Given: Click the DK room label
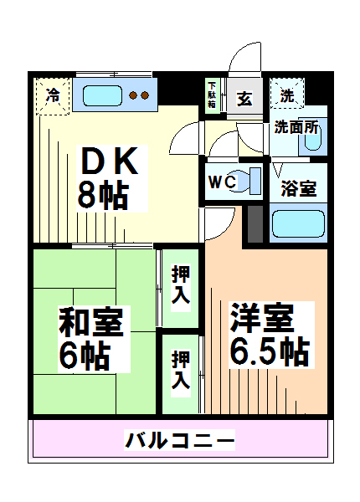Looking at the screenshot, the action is (x=110, y=161).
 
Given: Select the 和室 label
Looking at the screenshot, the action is (x=91, y=321).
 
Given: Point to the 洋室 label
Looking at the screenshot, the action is (x=262, y=318).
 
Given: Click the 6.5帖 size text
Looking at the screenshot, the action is (x=270, y=351).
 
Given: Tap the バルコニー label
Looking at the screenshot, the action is (x=180, y=440).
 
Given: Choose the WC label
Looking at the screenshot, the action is (x=222, y=182).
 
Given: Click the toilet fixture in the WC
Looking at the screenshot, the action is (x=246, y=181).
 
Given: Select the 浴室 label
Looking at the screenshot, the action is (x=299, y=188).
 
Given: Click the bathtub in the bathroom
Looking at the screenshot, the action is (x=298, y=223).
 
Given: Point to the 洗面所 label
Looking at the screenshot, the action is (x=296, y=127).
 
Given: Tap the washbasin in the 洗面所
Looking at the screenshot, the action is (x=312, y=139).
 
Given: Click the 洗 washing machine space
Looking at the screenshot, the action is (x=287, y=94).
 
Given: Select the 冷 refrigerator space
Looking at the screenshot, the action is (x=53, y=96).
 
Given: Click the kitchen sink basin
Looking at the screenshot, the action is (x=102, y=95).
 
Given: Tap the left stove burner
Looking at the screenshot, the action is (x=133, y=95).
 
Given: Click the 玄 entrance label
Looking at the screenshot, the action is (x=244, y=99).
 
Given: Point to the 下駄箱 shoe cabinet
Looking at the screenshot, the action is (x=212, y=95).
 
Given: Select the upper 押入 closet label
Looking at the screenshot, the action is (x=181, y=284).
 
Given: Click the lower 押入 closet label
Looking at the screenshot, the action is (x=181, y=369).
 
